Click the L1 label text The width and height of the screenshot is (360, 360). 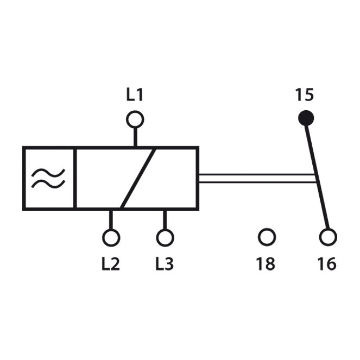tap(135, 95)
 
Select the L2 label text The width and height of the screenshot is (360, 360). tap(111, 264)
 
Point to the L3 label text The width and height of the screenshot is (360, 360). tap(165, 264)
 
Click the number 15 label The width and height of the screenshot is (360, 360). tap(304, 95)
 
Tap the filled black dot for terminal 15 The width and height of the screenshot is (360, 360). tap(306, 118)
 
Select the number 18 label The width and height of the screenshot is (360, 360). tap(266, 264)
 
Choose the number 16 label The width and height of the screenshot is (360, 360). tap(327, 264)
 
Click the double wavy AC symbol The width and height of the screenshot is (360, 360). tap(48, 179)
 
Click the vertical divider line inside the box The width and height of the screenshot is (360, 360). tap(75, 179)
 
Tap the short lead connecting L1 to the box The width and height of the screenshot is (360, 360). tap(135, 137)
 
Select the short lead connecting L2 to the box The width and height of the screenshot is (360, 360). tap(111, 220)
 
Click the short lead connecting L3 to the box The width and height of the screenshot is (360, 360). tap(165, 220)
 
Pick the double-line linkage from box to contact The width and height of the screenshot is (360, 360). tap(257, 179)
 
